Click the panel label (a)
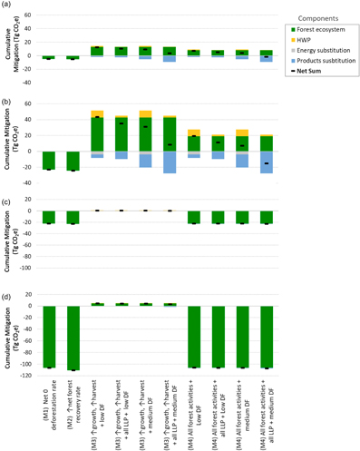pos(8,7)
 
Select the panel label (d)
pos(8,296)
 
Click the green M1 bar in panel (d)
pos(49,337)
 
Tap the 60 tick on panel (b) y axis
pos(29,104)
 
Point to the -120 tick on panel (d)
pos(27,375)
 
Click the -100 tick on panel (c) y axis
pos(27,269)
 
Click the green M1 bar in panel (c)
pos(49,218)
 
